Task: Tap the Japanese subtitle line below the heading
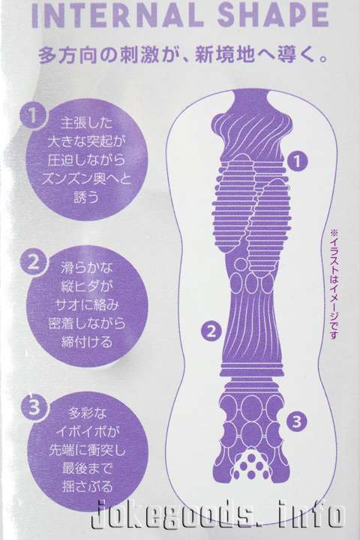[x=183, y=55]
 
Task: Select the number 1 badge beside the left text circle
[x=32, y=115]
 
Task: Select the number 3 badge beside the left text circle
[x=34, y=408]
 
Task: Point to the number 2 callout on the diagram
[x=211, y=331]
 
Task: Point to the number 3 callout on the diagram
[x=297, y=421]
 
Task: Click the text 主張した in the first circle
[x=86, y=122]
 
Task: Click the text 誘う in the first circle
[x=86, y=197]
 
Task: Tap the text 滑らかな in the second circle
[x=86, y=267]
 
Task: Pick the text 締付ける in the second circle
[x=87, y=342]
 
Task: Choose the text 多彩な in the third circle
[x=87, y=412]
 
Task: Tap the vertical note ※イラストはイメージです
[x=334, y=284]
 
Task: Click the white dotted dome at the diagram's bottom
[x=251, y=464]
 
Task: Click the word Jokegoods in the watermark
[x=176, y=515]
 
